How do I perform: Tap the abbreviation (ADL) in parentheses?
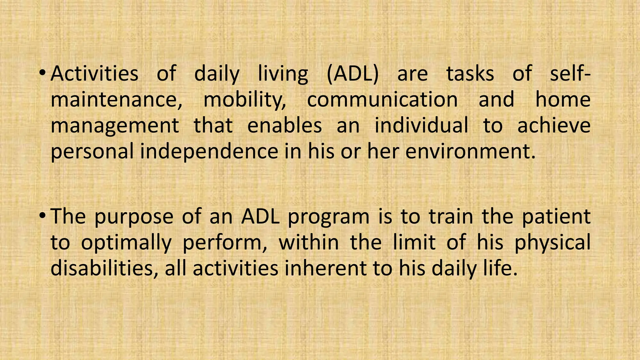[x=352, y=74]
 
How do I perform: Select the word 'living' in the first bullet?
[x=283, y=74]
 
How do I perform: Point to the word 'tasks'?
[x=470, y=74]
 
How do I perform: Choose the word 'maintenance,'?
[x=116, y=100]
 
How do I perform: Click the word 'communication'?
[x=382, y=100]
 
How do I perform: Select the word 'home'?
[x=563, y=100]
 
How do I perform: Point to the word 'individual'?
[x=421, y=126]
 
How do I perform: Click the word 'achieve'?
[x=554, y=126]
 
